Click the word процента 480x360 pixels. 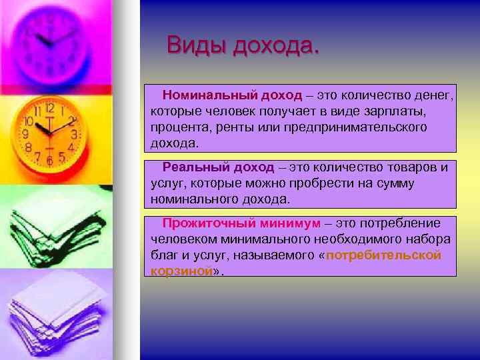[177, 127]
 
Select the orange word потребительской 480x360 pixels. [384, 255]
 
